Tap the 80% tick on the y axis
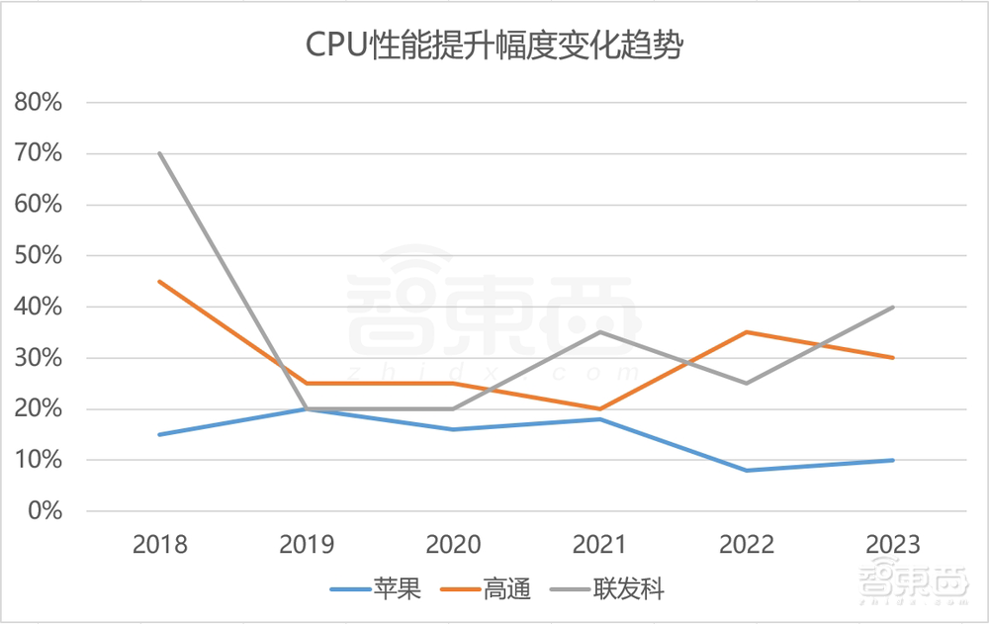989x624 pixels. click(38, 102)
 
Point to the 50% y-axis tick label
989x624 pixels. click(38, 255)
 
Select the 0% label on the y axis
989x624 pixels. click(44, 511)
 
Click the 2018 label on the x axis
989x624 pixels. click(159, 544)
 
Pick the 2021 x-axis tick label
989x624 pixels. click(599, 544)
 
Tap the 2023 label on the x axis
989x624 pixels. click(892, 544)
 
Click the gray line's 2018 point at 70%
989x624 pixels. click(159, 153)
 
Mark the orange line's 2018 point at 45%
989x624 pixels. click(159, 281)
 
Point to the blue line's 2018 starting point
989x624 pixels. click(159, 434)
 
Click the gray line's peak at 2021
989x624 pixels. click(599, 332)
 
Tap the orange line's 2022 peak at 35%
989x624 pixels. click(746, 332)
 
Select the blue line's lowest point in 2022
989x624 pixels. click(746, 470)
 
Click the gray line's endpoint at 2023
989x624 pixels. click(892, 307)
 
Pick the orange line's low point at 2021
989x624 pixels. click(599, 408)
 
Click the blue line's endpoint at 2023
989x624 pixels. click(892, 460)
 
